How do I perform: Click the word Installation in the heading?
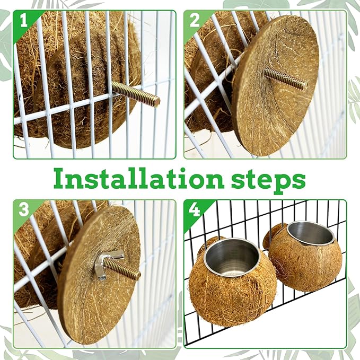point(139,179)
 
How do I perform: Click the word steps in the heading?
point(268,180)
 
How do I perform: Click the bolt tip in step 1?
point(157,100)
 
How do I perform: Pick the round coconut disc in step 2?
point(275,86)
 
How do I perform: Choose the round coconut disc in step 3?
point(99,274)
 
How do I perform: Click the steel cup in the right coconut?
point(311,233)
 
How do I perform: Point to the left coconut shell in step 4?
point(232,289)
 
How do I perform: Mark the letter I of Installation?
point(60,179)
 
